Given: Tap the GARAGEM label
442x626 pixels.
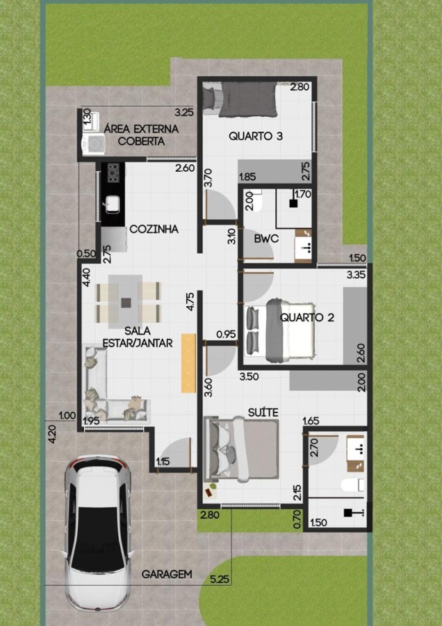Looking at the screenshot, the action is click(167, 575).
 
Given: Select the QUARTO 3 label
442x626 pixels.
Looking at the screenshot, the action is click(256, 136).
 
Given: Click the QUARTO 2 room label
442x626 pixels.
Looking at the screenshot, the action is click(306, 318).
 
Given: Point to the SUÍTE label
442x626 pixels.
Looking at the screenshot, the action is click(263, 412).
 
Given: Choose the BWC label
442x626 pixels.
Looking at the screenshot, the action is click(266, 239).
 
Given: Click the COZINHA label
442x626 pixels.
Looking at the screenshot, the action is click(154, 230).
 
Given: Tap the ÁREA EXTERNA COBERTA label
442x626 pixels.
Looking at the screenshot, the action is click(141, 135).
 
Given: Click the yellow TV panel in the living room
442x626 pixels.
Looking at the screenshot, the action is click(189, 363).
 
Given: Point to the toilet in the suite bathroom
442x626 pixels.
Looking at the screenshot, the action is click(352, 485).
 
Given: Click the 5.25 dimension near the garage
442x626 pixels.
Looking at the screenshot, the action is click(220, 579).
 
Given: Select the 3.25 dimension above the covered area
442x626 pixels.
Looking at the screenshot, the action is click(184, 113).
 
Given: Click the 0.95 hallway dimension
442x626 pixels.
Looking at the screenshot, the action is click(226, 334).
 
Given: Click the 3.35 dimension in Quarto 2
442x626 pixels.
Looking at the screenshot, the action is click(357, 275).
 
